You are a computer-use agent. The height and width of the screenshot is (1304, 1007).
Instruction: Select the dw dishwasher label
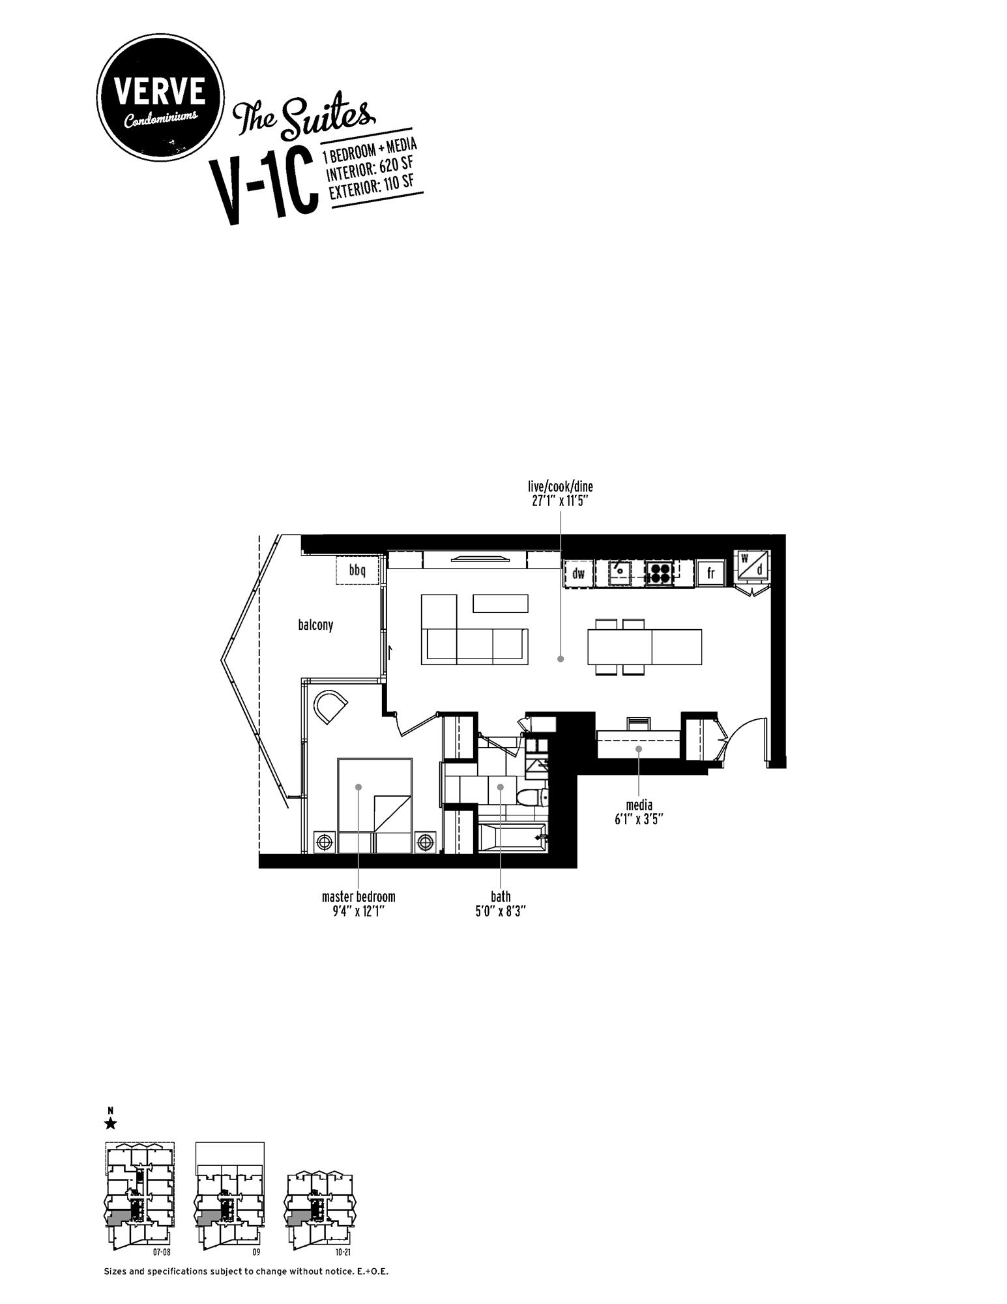[x=578, y=574]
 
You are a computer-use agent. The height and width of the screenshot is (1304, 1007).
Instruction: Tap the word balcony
[x=315, y=625]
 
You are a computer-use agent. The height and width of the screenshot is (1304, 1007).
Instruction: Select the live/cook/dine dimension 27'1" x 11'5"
[x=561, y=501]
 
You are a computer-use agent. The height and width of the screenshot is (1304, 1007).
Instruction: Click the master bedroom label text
[x=358, y=896]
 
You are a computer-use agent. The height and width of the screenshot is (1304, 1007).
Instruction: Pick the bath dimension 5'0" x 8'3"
[x=501, y=911]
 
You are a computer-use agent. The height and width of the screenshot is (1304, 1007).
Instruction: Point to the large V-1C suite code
[x=263, y=189]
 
